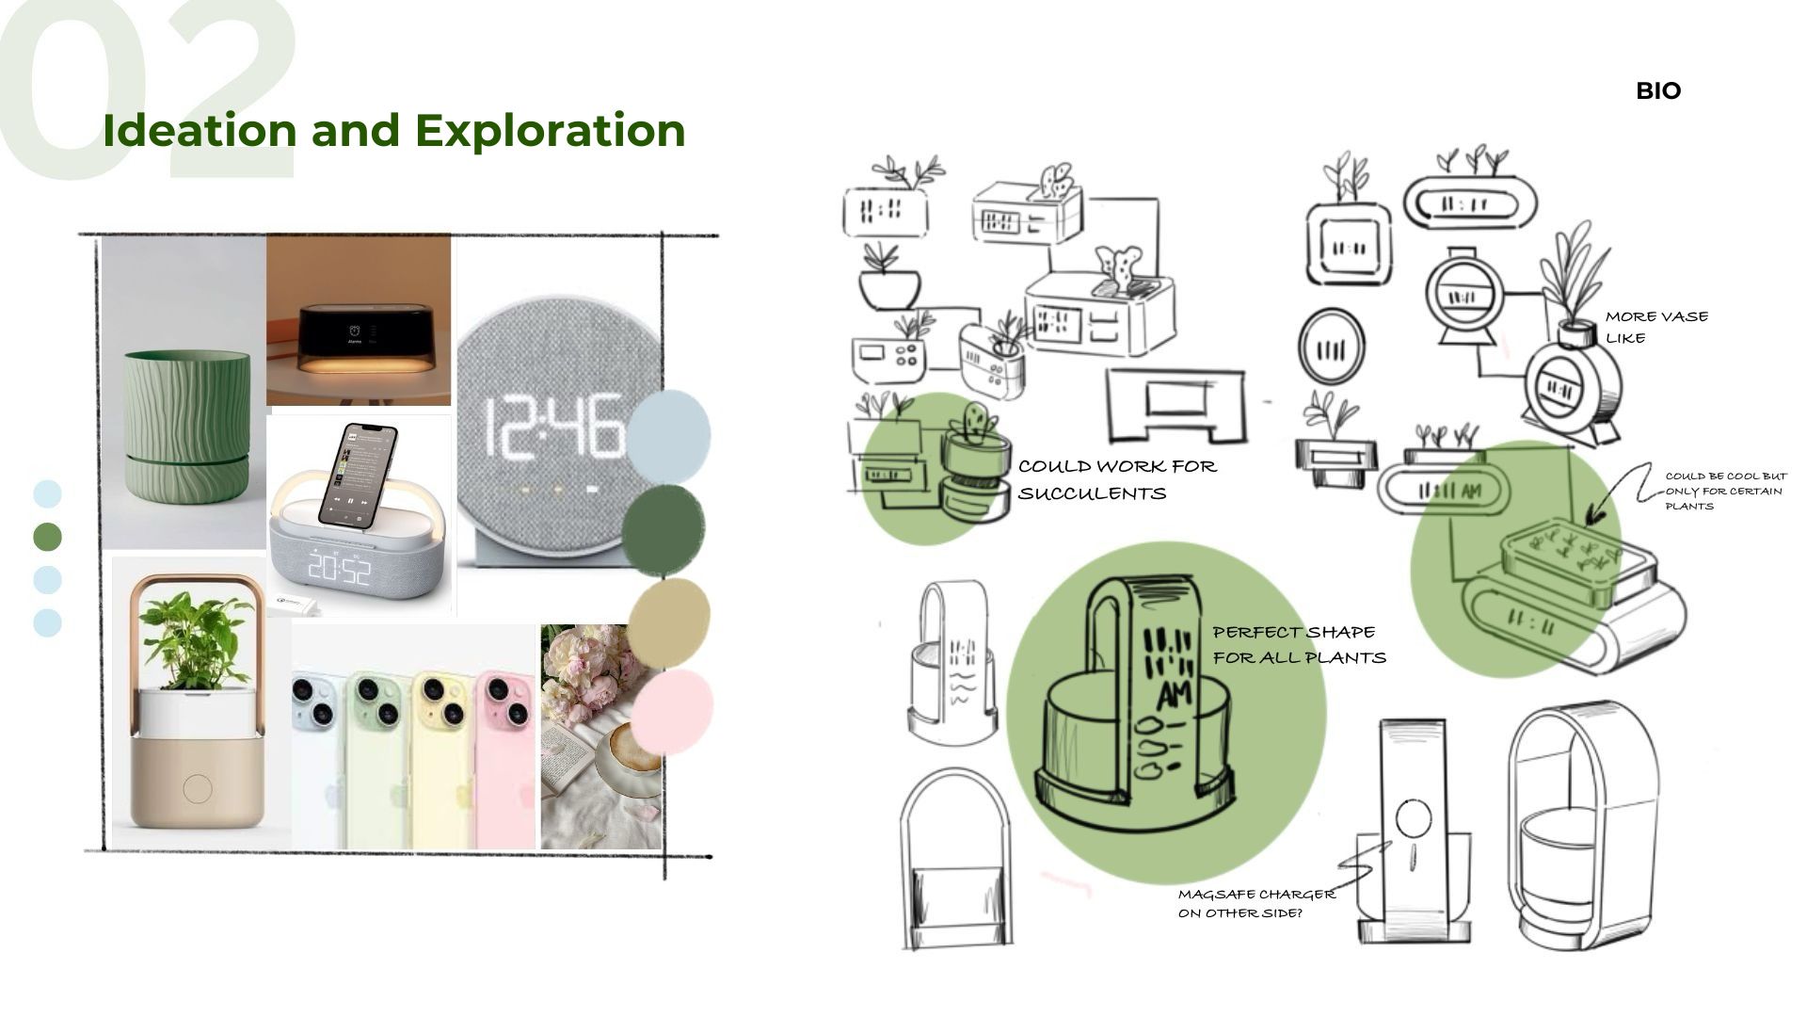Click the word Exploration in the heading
click(550, 130)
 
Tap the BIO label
click(1658, 91)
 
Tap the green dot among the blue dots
click(47, 537)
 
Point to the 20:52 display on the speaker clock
click(339, 568)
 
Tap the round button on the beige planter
click(198, 788)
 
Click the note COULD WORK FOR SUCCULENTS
click(1116, 479)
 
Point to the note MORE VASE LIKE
click(1655, 327)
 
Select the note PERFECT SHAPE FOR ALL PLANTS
click(1299, 644)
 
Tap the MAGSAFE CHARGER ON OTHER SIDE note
click(1255, 903)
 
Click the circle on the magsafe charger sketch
click(1413, 818)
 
